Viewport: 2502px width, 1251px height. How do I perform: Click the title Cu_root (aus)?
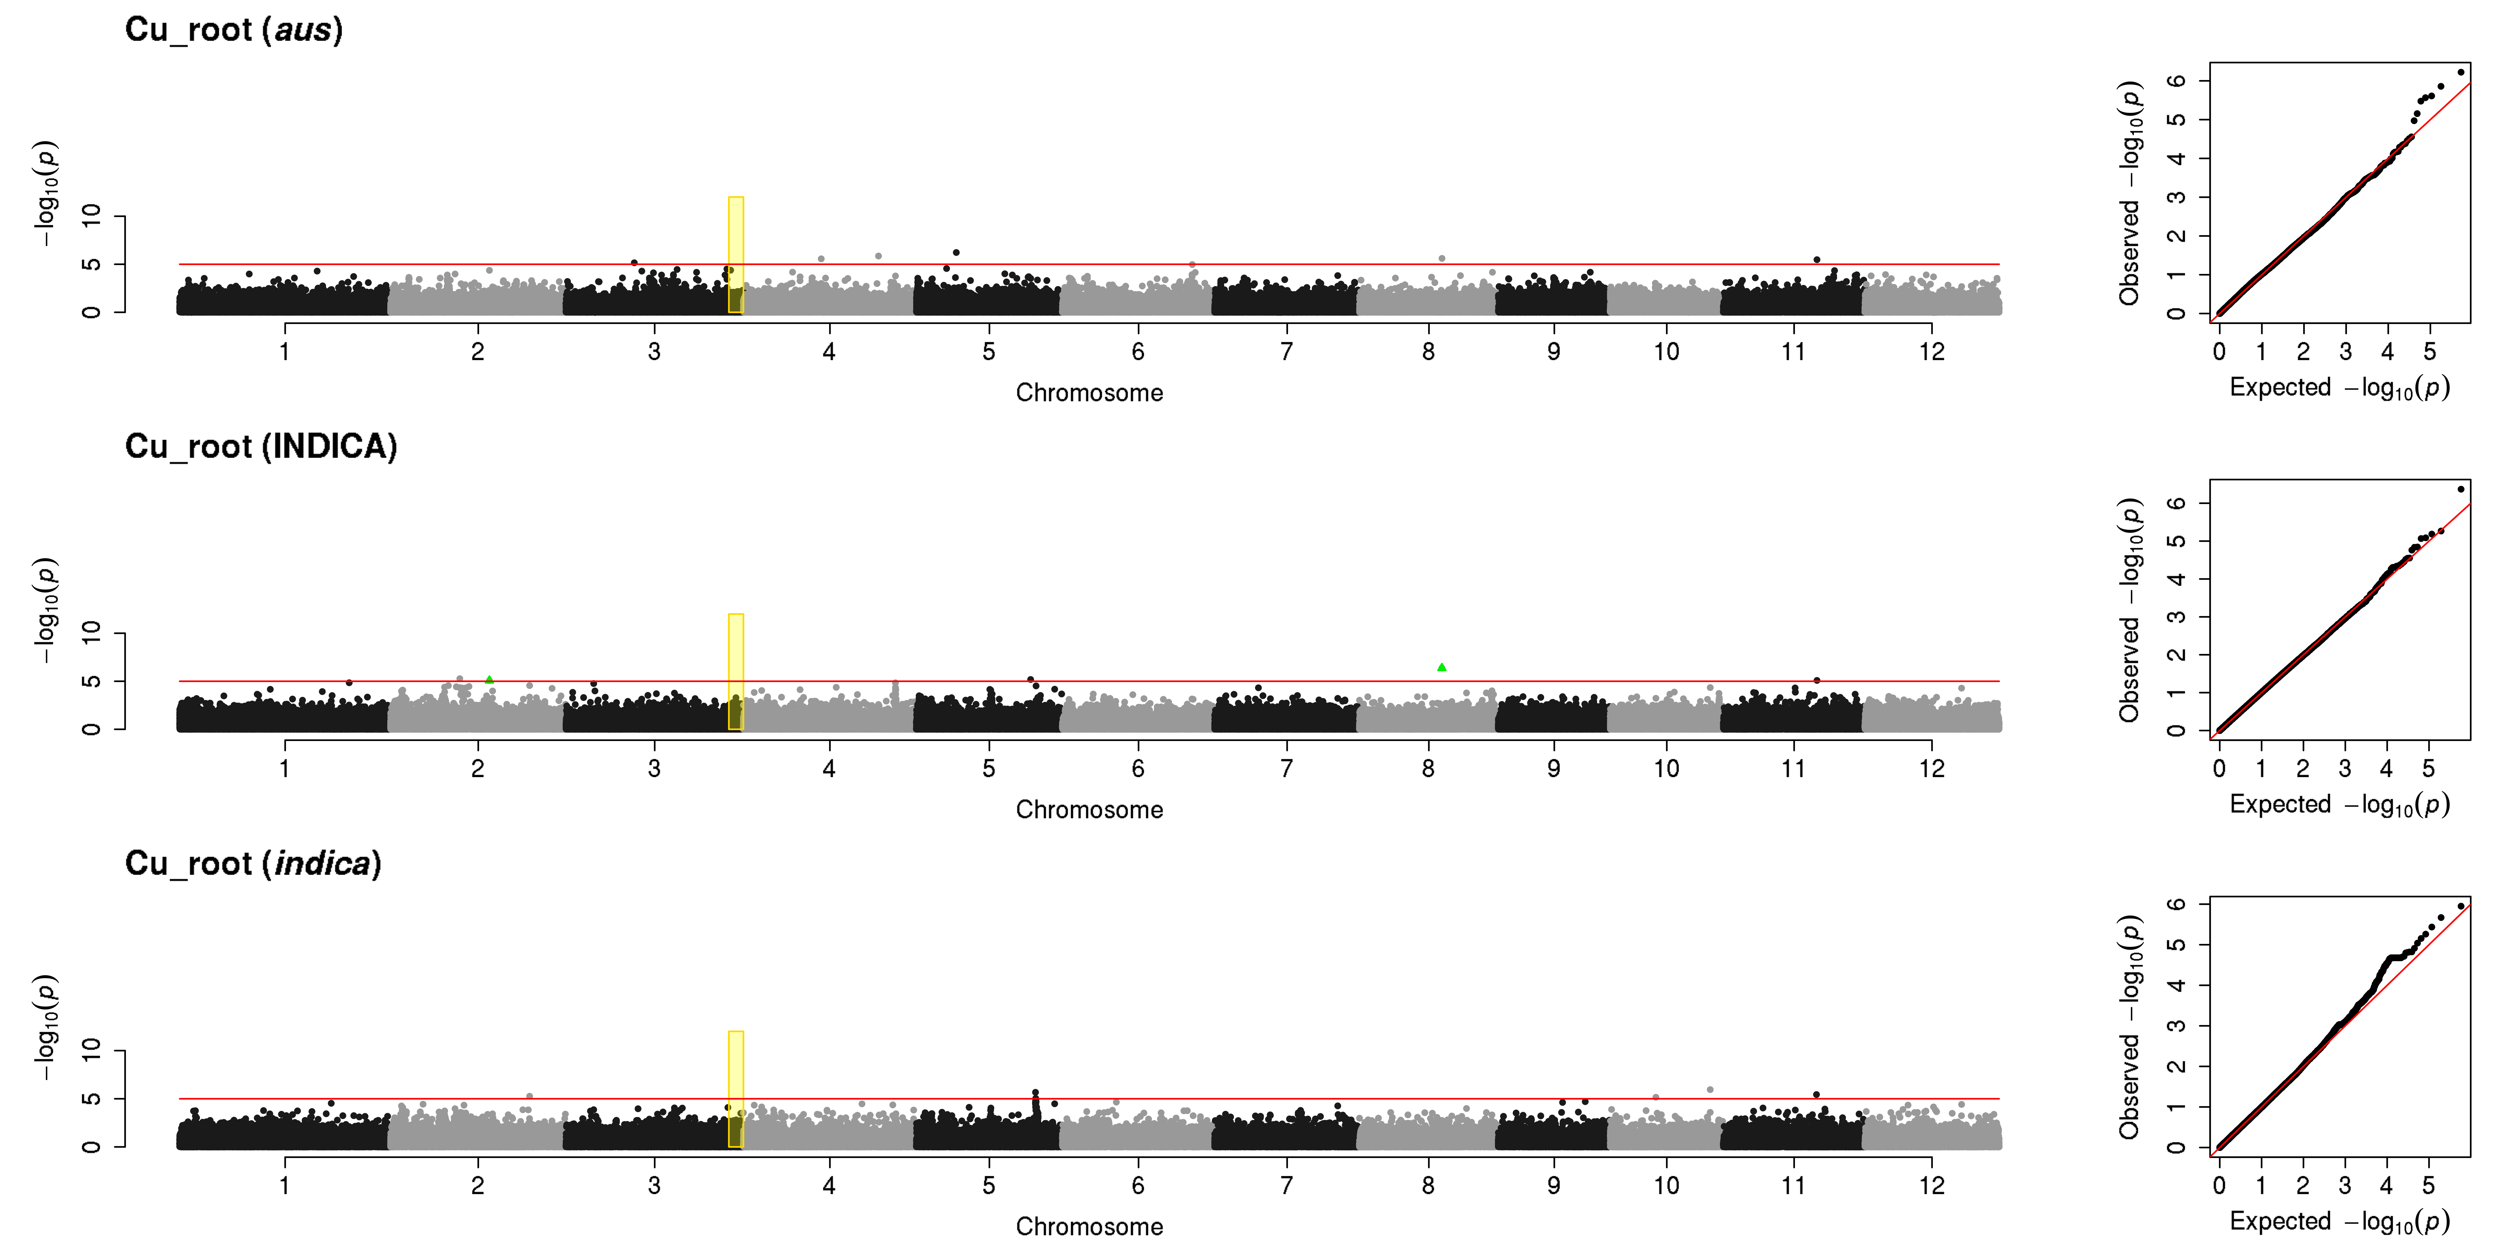click(x=234, y=30)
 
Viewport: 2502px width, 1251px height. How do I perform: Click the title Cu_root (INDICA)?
click(x=261, y=447)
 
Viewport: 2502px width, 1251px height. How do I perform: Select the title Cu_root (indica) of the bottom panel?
click(x=254, y=863)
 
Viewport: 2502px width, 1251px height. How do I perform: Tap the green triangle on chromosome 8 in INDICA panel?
click(x=1441, y=667)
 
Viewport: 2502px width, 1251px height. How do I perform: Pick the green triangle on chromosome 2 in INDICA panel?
click(x=489, y=679)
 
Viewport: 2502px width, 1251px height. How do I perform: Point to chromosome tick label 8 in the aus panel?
click(x=1428, y=352)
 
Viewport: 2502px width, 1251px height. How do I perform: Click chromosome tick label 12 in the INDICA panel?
click(x=1932, y=768)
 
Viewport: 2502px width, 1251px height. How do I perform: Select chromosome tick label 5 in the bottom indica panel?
click(x=989, y=1185)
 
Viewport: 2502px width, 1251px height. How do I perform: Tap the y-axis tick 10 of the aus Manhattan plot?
click(x=91, y=216)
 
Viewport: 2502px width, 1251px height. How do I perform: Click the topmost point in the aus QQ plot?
click(x=2460, y=72)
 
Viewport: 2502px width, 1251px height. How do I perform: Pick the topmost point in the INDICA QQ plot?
click(x=2460, y=489)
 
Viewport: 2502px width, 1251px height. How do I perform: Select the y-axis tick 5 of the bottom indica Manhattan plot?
click(x=91, y=1099)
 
